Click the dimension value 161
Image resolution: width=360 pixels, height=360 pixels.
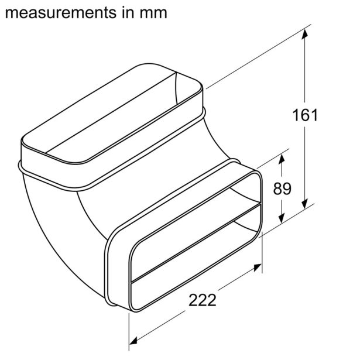pyautogui.click(x=305, y=115)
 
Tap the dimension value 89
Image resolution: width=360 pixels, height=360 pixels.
pyautogui.click(x=282, y=188)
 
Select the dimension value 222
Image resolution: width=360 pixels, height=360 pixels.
pyautogui.click(x=203, y=300)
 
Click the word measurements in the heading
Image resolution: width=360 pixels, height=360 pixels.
pyautogui.click(x=61, y=13)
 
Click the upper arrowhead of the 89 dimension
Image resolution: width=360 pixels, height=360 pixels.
pyautogui.click(x=282, y=159)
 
